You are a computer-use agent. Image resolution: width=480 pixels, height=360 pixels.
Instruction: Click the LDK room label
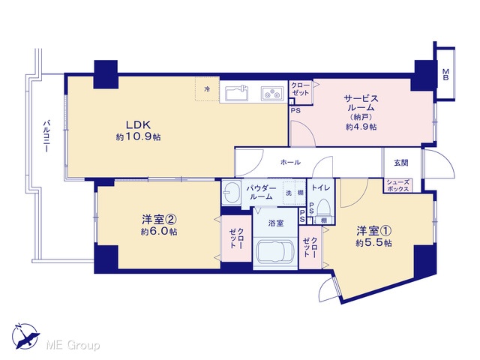click(x=138, y=124)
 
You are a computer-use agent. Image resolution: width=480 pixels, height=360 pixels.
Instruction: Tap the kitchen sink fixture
click(x=237, y=93)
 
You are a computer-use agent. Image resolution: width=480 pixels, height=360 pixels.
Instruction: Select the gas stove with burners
click(x=272, y=93)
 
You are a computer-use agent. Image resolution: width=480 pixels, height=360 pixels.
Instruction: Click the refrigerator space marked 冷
click(x=207, y=89)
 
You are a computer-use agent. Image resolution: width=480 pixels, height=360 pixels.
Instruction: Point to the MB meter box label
click(x=445, y=75)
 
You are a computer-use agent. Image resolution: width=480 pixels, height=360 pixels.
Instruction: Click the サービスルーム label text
click(x=361, y=103)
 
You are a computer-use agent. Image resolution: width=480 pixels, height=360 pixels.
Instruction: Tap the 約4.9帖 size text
click(x=361, y=127)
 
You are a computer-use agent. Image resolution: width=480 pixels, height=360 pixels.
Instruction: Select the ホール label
click(x=290, y=162)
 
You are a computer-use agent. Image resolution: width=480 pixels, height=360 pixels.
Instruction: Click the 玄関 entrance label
click(x=401, y=163)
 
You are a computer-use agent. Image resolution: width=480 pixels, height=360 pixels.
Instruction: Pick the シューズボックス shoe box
click(x=398, y=185)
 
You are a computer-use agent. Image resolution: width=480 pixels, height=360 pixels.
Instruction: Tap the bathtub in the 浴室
click(x=275, y=252)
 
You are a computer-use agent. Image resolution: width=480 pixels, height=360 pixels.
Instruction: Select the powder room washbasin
click(x=231, y=193)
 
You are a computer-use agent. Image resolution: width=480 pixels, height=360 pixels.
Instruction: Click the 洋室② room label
click(x=160, y=219)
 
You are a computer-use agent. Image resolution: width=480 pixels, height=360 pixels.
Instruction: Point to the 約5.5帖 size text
click(x=373, y=243)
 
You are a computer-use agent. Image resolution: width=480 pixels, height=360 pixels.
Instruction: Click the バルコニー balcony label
click(x=46, y=136)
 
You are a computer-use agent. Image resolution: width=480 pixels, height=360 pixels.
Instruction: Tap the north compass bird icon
click(x=25, y=336)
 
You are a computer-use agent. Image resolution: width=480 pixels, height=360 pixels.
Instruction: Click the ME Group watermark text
click(x=73, y=346)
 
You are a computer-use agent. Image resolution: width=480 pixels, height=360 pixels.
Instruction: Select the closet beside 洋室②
click(x=237, y=238)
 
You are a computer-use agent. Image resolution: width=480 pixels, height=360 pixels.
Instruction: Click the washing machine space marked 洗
click(x=289, y=193)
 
